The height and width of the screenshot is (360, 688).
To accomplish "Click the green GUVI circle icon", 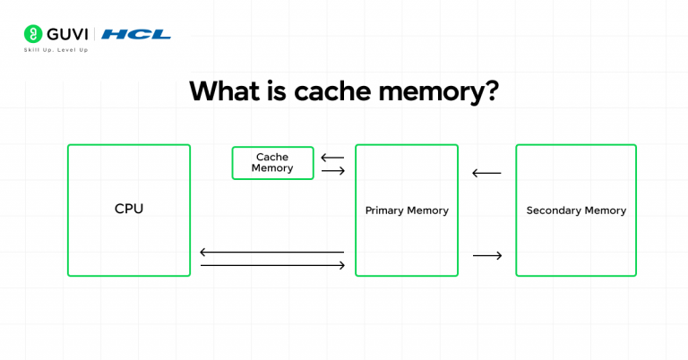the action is [x=33, y=34].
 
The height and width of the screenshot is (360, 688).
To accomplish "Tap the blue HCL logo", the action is [x=136, y=34].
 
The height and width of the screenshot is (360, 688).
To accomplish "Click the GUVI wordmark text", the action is [x=67, y=34].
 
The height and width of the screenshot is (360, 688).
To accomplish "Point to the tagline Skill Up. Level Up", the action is [x=56, y=50].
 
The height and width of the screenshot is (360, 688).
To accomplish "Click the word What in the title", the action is [x=224, y=90].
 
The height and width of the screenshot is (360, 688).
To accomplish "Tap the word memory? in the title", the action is [x=439, y=92].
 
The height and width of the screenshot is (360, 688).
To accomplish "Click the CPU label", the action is [x=129, y=209].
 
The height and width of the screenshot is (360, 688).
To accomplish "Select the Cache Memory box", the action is [x=272, y=163].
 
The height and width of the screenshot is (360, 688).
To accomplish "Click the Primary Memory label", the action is [x=407, y=210].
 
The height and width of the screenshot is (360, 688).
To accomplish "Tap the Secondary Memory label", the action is [x=576, y=210].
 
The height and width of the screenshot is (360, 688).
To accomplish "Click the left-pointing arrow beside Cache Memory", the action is [x=332, y=158].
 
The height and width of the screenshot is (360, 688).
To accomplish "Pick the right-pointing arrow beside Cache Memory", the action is [x=333, y=170].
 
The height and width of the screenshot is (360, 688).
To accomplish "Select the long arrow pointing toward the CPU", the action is [x=272, y=253].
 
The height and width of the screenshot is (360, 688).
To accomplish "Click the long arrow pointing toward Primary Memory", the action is [x=272, y=265].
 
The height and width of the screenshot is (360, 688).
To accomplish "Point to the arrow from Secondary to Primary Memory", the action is [x=486, y=173].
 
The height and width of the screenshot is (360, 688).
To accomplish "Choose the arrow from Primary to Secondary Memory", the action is [x=487, y=255].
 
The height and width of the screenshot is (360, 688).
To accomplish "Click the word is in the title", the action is [x=277, y=90].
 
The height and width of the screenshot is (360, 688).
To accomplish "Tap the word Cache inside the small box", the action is [x=272, y=157].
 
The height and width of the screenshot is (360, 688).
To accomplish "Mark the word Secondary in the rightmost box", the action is [x=554, y=210].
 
